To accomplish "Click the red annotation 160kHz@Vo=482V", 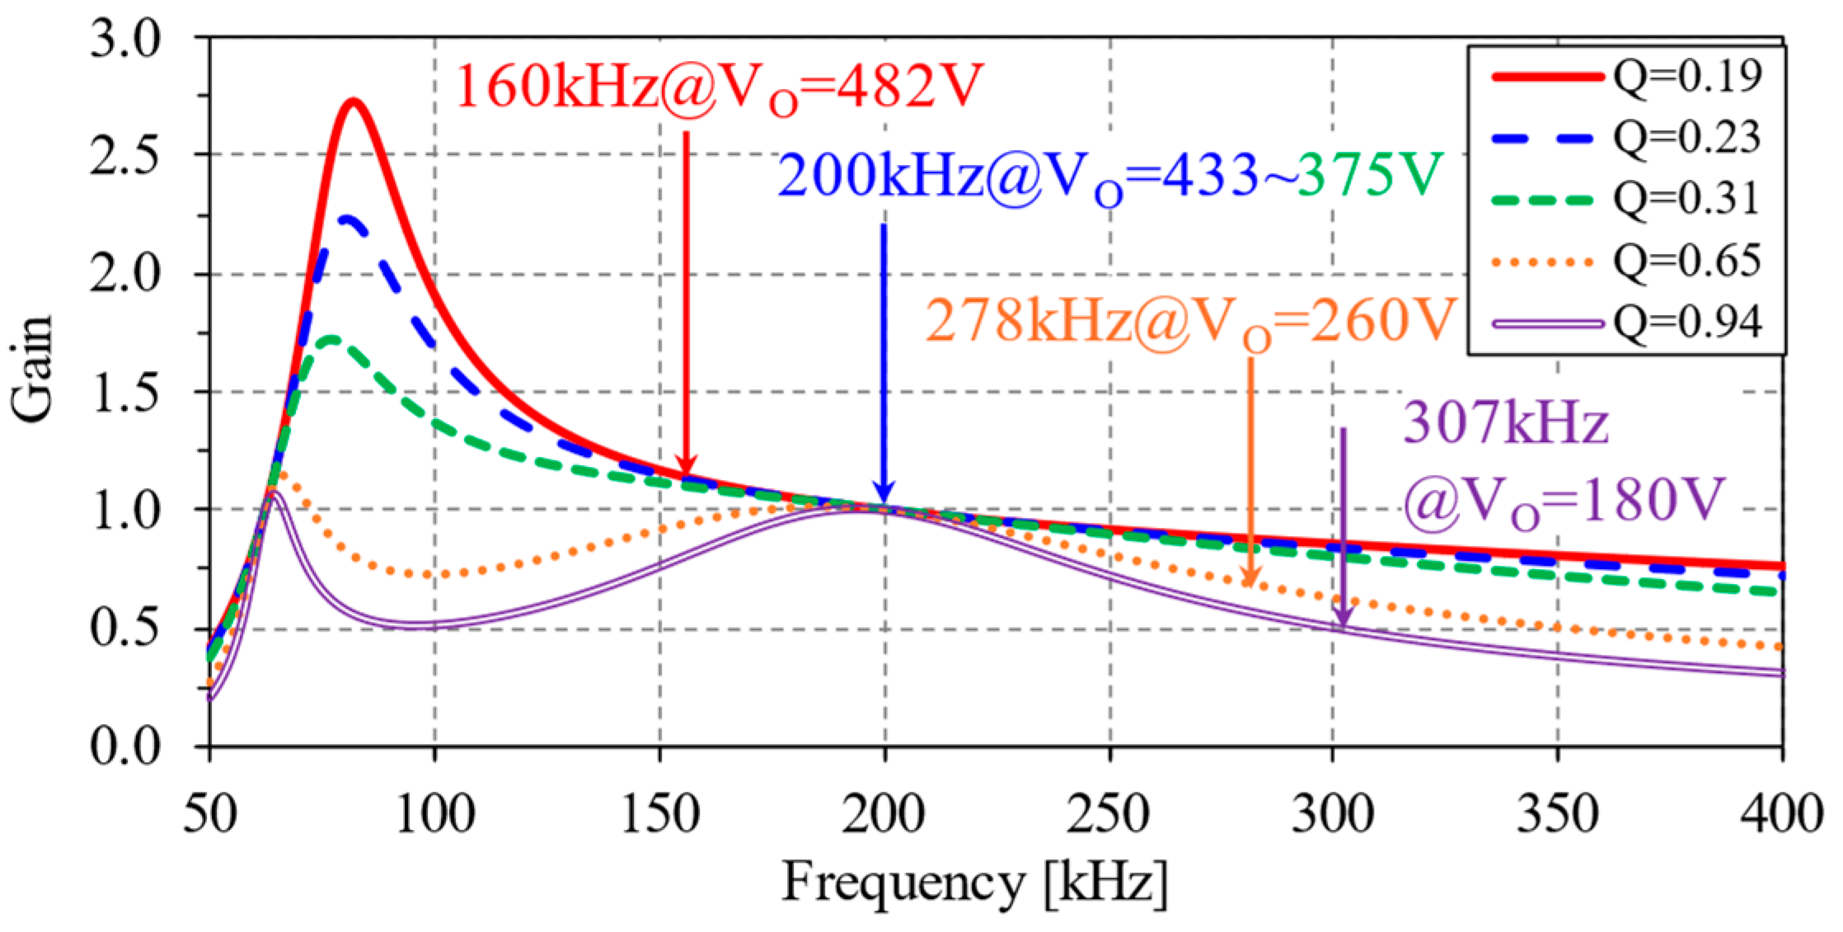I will pyautogui.click(x=719, y=87).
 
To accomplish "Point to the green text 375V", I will pyautogui.click(x=1369, y=175).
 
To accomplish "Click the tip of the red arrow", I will pyautogui.click(x=686, y=475).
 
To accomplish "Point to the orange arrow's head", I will pyautogui.click(x=1250, y=584).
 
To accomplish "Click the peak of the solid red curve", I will pyautogui.click(x=354, y=101).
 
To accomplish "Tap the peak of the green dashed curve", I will pyautogui.click(x=331, y=338).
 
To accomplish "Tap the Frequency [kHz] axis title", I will pyautogui.click(x=974, y=883).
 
